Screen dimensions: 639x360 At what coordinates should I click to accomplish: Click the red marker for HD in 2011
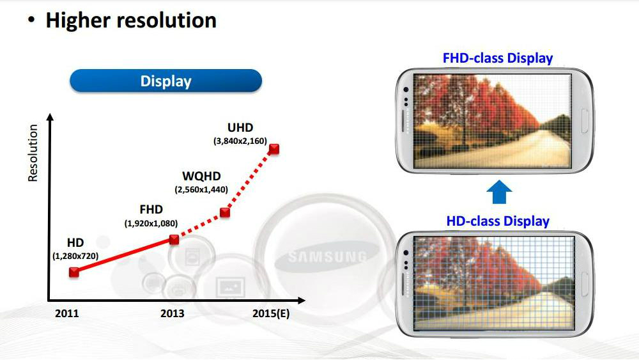[x=73, y=272]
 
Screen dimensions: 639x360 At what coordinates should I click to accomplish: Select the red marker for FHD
[x=174, y=239]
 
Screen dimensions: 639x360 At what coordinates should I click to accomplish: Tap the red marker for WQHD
[x=224, y=212]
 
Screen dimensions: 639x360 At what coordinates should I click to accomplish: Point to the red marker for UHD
[x=274, y=149]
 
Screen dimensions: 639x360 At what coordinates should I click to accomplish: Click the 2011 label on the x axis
[x=67, y=313]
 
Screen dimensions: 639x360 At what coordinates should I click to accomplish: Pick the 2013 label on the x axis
[x=173, y=313]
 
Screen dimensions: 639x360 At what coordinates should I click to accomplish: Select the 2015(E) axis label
[x=271, y=313]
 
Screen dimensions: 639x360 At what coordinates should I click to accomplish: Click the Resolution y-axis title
[x=33, y=153]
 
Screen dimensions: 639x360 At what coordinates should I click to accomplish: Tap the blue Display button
[x=166, y=81]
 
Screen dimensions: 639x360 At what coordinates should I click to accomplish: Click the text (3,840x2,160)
[x=240, y=141]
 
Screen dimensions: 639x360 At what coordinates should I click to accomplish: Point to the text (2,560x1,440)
[x=201, y=189]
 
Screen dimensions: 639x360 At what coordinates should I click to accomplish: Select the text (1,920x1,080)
[x=151, y=223]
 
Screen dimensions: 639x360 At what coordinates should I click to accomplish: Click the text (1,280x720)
[x=75, y=256]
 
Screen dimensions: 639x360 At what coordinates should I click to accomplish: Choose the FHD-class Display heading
[x=498, y=58]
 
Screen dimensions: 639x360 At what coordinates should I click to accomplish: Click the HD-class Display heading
[x=498, y=221]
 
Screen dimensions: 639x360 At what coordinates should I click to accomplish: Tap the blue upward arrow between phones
[x=499, y=192]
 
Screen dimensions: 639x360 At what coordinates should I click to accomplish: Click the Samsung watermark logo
[x=327, y=256]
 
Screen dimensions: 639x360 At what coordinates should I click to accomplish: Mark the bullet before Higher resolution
[x=31, y=19]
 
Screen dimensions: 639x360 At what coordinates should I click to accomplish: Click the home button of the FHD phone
[x=585, y=121]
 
